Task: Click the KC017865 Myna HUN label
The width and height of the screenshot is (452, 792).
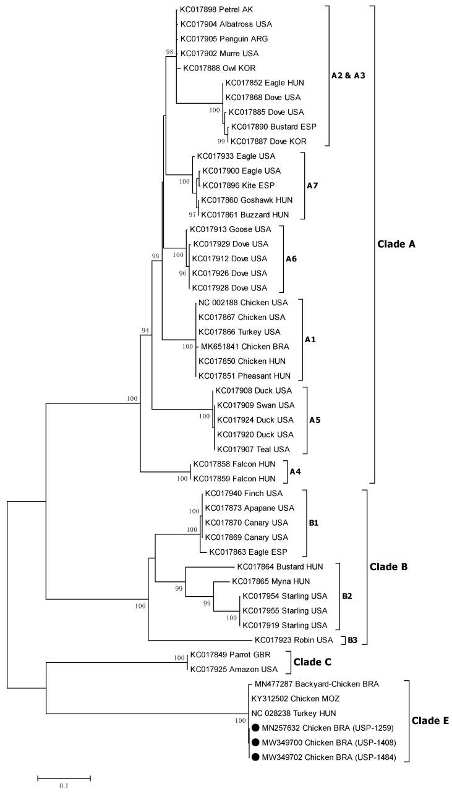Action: pos(267,581)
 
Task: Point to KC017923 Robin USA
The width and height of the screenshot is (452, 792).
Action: pos(294,640)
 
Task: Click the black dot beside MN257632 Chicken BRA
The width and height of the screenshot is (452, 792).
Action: pos(255,728)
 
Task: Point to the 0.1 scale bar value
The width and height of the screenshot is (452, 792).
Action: pos(64,786)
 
